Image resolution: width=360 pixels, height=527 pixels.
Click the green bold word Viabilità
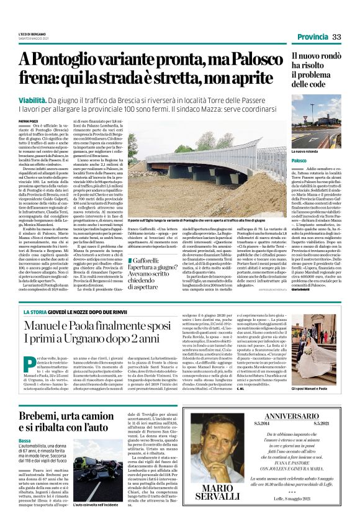(34, 99)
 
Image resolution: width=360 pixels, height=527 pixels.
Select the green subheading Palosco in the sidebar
(301, 161)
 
